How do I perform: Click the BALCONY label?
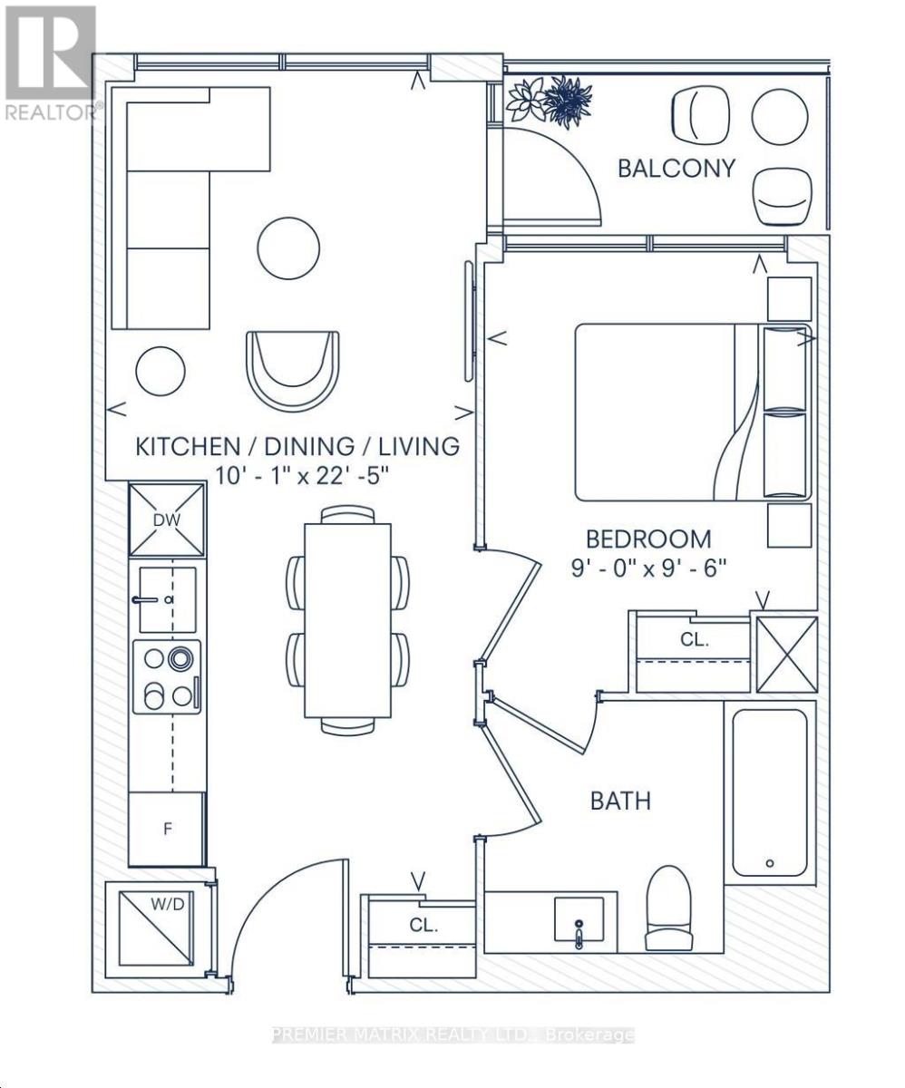pyautogui.click(x=676, y=169)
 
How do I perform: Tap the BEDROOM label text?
pyautogui.click(x=648, y=539)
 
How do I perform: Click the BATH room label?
pyautogui.click(x=620, y=801)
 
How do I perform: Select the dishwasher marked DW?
pyautogui.click(x=168, y=520)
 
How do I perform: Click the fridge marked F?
pyautogui.click(x=168, y=830)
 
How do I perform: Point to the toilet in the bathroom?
pyautogui.click(x=669, y=908)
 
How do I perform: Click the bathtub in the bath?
pyautogui.click(x=770, y=792)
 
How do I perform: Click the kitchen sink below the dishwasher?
pyautogui.click(x=168, y=599)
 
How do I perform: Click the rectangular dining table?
pyautogui.click(x=347, y=620)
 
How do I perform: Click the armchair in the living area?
pyautogui.click(x=293, y=372)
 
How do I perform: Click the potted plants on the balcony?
pyautogui.click(x=550, y=101)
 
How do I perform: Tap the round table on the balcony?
pyautogui.click(x=780, y=116)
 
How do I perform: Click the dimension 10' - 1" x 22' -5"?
pyautogui.click(x=302, y=476)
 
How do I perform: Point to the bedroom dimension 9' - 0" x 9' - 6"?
pyautogui.click(x=648, y=568)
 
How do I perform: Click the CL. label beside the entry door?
pyautogui.click(x=423, y=925)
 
